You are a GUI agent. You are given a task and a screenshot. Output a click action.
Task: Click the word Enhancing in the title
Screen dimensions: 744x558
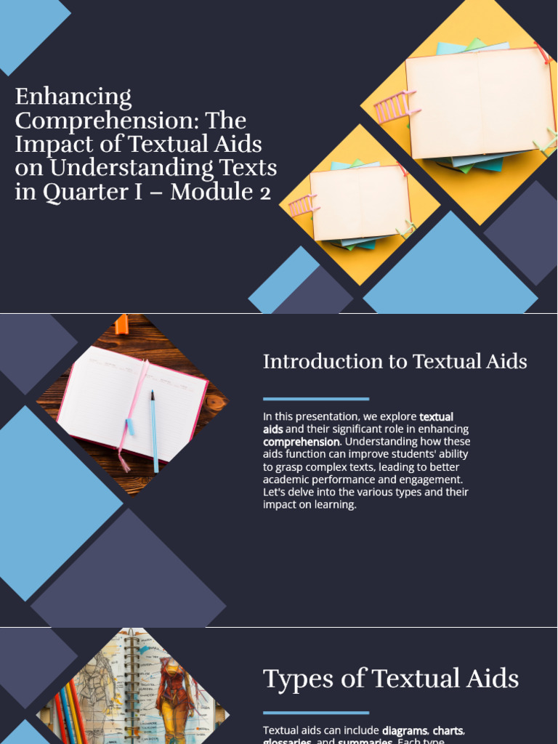pos(73,97)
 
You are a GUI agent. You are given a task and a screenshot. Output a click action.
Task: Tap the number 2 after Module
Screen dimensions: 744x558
pos(264,193)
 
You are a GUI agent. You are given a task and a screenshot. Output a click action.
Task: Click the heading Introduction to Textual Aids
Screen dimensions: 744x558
pos(395,361)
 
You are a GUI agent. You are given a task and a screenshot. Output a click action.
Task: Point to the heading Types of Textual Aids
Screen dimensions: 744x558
pos(391,679)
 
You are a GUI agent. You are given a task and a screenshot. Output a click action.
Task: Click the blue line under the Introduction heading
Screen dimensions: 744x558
pos(316,399)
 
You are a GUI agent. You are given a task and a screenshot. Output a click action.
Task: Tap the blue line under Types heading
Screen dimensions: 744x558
pos(316,713)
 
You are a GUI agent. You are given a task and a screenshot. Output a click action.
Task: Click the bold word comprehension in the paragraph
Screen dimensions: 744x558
pos(301,442)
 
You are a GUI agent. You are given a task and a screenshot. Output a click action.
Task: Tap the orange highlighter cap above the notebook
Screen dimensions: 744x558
pos(121,324)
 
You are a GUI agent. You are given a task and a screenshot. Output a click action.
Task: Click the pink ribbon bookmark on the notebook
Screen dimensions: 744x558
pos(133,414)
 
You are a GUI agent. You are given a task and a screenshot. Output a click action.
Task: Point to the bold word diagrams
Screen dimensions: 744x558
pos(405,730)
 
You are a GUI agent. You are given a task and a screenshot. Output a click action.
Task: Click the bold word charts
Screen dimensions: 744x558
pos(448,730)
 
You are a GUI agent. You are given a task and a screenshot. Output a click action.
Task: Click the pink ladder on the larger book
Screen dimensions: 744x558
pos(393,108)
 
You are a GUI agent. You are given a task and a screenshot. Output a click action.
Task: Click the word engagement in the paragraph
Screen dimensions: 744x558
pos(433,480)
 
